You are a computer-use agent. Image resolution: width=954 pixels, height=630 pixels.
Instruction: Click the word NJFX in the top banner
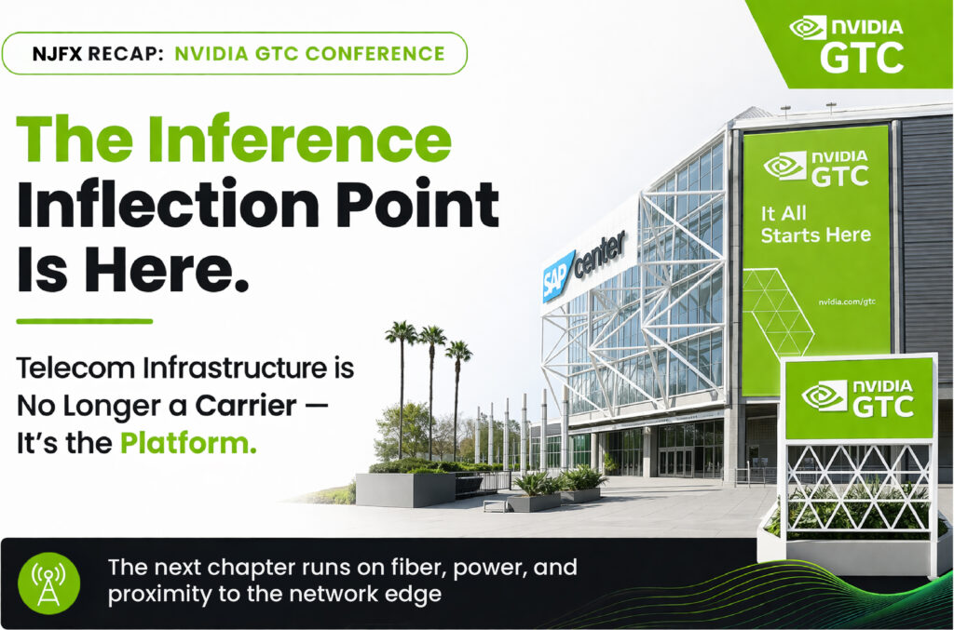[57, 53]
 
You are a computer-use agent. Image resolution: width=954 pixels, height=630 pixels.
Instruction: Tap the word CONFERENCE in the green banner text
[375, 53]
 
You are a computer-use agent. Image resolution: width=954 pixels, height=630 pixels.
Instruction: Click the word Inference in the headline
[299, 138]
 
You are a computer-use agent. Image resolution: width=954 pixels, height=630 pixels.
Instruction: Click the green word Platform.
[188, 443]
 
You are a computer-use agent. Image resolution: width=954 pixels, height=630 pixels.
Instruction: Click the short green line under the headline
[85, 321]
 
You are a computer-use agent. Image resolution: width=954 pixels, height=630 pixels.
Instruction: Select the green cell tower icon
[49, 583]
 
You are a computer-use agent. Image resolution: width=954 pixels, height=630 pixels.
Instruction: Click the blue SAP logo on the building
[557, 275]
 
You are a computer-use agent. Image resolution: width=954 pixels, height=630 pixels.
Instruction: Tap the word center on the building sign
[599, 254]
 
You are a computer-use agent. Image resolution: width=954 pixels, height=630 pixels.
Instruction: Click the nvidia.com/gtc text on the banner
[846, 302]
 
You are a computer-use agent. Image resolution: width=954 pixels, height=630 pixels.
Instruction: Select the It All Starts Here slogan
[815, 223]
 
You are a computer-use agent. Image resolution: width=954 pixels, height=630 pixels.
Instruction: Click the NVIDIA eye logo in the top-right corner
[808, 28]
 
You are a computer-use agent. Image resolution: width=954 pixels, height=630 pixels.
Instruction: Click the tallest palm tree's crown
[401, 331]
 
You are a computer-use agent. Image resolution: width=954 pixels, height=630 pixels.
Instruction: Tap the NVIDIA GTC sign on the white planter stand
[858, 398]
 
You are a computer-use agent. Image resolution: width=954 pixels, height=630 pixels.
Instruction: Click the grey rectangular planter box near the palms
[406, 489]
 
